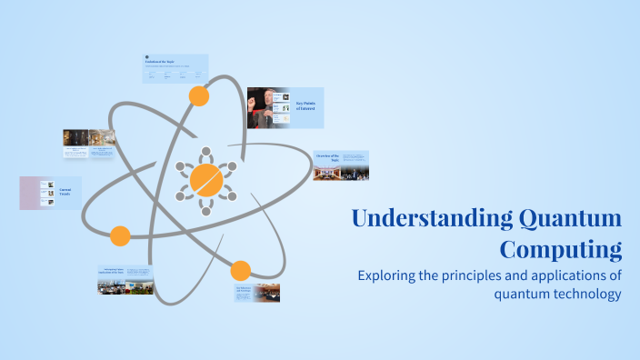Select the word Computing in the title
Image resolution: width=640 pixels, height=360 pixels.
pos(561,249)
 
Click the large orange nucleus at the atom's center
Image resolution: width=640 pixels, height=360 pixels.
pos(206,180)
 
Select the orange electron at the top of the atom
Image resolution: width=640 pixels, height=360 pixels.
pos(198,95)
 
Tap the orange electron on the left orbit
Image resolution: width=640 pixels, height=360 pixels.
pos(120,236)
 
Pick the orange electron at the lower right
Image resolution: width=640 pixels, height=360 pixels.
pos(240,270)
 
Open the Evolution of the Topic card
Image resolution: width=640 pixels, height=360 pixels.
pos(175,69)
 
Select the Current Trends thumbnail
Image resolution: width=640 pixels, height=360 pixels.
pos(50,193)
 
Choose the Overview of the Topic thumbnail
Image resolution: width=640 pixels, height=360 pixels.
pos(341,165)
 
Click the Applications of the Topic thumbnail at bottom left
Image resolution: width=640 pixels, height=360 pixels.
pos(125,279)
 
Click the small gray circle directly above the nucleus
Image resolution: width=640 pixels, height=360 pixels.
pos(206,150)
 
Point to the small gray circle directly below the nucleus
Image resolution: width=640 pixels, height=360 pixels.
pos(206,211)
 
